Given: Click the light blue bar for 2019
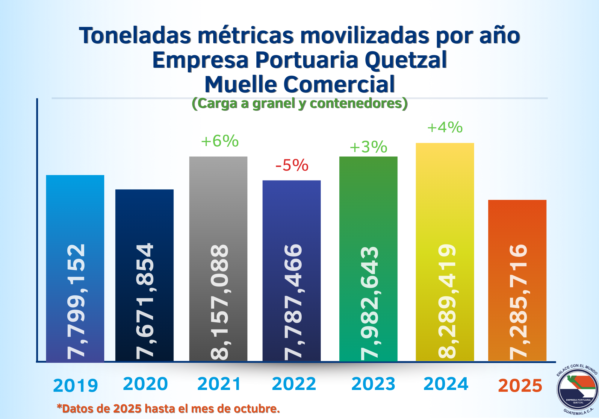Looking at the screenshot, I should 75,209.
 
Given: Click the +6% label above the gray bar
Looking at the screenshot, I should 220,141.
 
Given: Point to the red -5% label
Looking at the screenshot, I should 292,165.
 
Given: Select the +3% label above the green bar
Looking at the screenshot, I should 368,147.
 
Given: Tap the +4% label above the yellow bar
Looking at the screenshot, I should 445,127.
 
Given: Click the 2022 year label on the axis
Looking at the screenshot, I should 294,384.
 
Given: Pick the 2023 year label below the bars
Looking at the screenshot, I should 373,384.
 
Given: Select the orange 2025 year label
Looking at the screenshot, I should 520,386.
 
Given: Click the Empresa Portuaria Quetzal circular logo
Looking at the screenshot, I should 577,389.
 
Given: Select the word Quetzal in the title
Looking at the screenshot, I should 406,60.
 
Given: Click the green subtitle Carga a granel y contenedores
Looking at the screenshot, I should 299,104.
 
